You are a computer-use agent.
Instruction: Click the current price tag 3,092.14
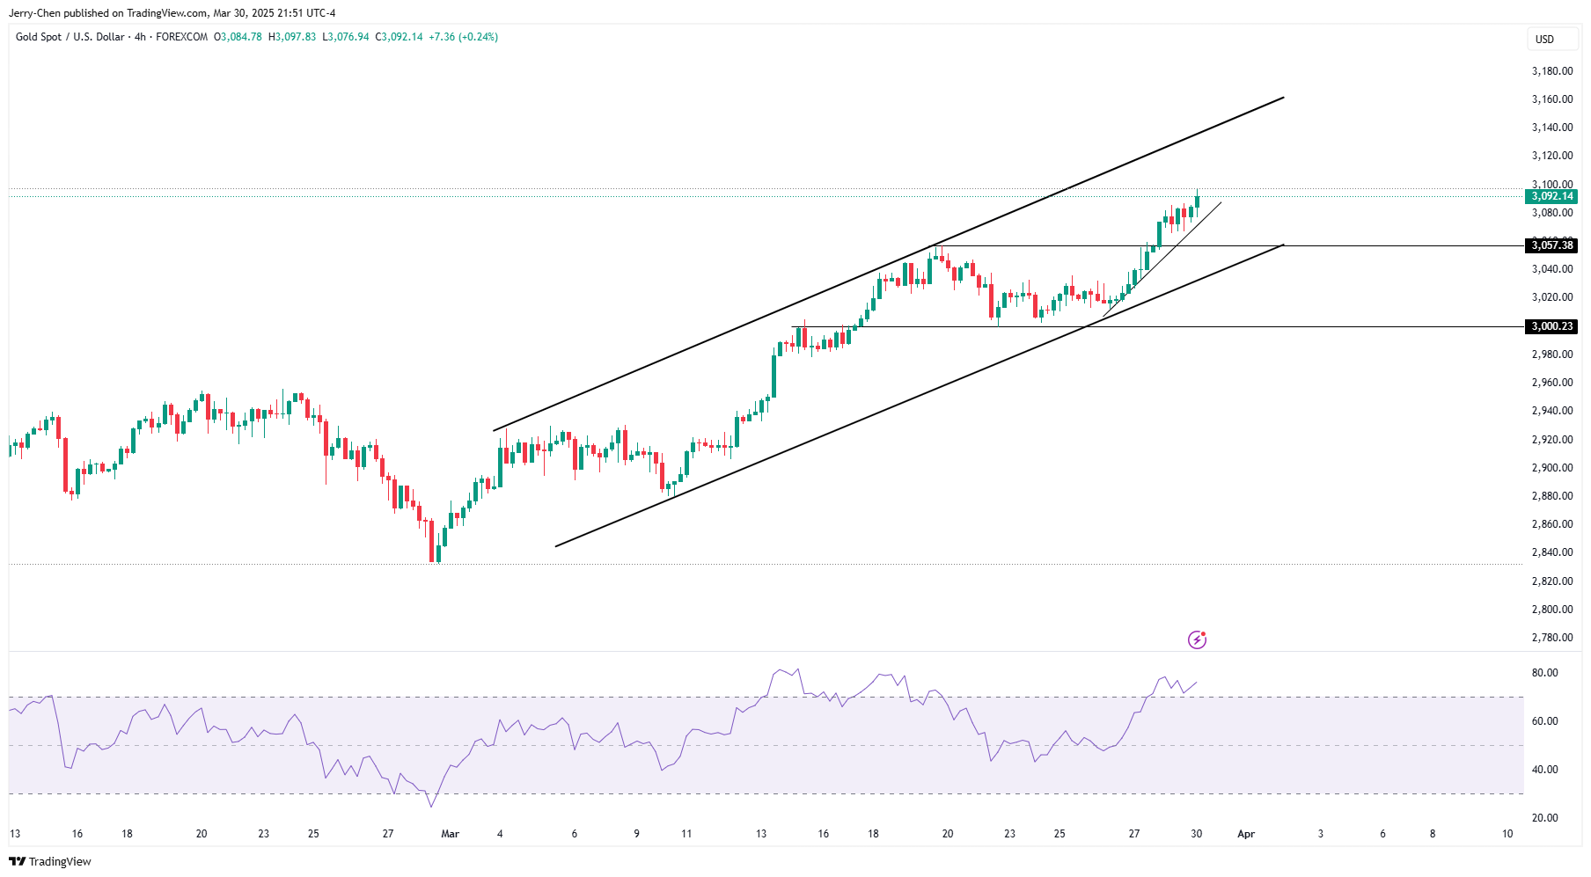coord(1551,196)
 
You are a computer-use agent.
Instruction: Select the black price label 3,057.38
coord(1551,245)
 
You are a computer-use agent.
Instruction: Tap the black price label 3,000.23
coord(1551,326)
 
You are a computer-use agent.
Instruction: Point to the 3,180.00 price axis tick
coord(1551,71)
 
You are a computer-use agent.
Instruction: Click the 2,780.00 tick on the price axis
coord(1551,638)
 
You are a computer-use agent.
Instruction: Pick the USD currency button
coord(1544,39)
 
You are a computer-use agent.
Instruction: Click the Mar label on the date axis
coord(450,834)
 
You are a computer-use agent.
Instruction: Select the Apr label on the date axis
coord(1245,834)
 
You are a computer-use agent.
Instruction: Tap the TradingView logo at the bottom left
coord(50,861)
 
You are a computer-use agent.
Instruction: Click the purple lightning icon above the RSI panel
coord(1197,639)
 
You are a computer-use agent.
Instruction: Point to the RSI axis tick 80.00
coord(1544,673)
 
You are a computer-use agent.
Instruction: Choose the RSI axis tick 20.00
coord(1544,818)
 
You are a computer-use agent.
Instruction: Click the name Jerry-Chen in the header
coord(34,13)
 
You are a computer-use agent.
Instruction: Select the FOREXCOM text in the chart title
coord(181,37)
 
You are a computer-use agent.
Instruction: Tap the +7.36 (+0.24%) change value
coord(463,37)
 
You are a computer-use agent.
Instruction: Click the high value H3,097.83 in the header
coord(292,37)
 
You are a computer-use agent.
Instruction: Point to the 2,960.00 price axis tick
coord(1551,383)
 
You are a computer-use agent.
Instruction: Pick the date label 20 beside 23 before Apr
coord(948,834)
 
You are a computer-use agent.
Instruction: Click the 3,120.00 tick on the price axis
coord(1551,156)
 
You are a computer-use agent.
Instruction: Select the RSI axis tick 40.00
coord(1544,770)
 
